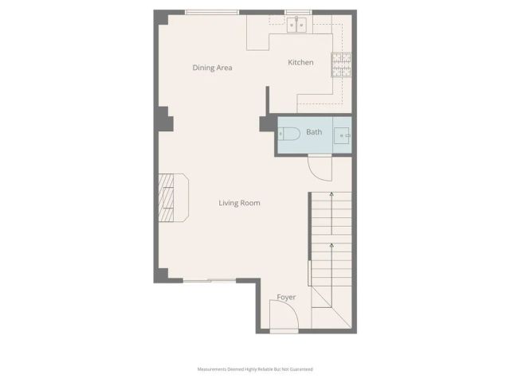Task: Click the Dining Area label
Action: coord(212,68)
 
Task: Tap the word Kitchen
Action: coord(300,62)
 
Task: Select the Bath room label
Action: coord(314,132)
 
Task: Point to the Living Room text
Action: coord(239,203)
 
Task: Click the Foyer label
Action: coord(286,298)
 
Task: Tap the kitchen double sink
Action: coord(298,24)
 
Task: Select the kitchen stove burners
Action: coord(341,64)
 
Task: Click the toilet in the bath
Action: coord(289,134)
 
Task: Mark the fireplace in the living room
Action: coord(171,197)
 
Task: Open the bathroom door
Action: coord(319,168)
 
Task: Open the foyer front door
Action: coord(283,319)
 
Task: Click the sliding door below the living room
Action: coord(209,280)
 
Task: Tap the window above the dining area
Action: coord(211,12)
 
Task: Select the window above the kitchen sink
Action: coord(297,12)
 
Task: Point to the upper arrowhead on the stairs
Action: coord(330,193)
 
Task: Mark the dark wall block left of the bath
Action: coord(266,123)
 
